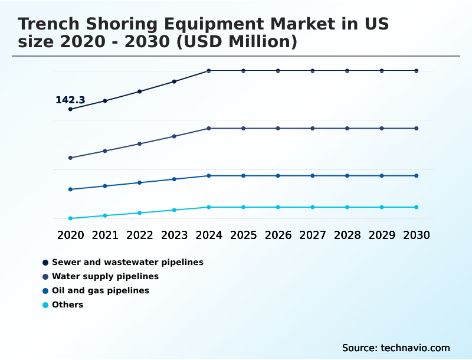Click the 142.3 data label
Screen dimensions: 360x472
point(70,100)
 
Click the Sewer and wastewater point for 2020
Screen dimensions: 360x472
point(71,109)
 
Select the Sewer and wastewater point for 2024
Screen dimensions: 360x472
point(209,71)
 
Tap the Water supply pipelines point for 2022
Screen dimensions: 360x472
point(140,144)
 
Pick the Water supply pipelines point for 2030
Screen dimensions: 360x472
point(417,128)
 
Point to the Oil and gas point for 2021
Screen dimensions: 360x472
point(105,186)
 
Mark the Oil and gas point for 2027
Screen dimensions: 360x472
point(313,176)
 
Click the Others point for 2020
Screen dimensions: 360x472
point(71,218)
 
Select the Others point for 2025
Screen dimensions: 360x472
point(244,207)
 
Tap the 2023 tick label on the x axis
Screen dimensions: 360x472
point(174,235)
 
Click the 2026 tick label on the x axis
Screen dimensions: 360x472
point(278,235)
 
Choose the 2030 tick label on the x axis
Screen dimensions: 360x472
point(417,235)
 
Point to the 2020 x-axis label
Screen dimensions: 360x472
point(71,235)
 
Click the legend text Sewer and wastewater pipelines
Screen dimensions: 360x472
point(127,262)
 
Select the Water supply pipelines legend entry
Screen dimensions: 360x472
point(105,276)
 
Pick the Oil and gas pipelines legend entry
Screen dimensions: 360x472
point(100,290)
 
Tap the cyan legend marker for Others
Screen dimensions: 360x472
point(45,305)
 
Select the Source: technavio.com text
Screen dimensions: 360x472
point(396,348)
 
